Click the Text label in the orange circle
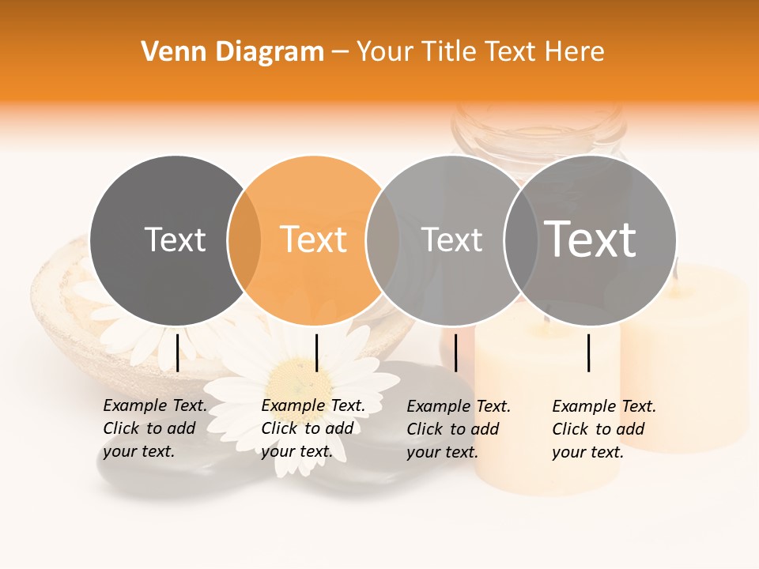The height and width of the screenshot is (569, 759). [x=314, y=239]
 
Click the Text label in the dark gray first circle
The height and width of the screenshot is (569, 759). [x=176, y=239]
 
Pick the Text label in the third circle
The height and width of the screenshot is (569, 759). [x=451, y=239]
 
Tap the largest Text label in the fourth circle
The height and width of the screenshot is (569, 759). [x=591, y=239]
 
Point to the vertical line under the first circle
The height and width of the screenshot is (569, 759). [x=177, y=352]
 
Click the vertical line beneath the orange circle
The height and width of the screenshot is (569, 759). [x=316, y=352]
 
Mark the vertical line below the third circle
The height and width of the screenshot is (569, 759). [x=455, y=352]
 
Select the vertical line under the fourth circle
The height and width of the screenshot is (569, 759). [x=589, y=352]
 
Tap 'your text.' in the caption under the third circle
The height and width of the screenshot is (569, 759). [x=443, y=452]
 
